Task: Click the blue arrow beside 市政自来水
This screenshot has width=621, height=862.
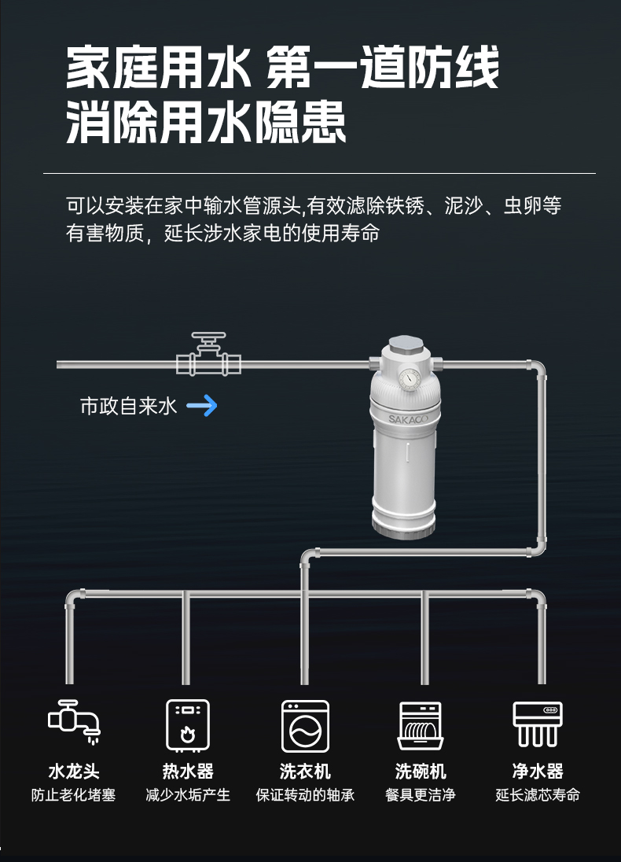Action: coord(202,406)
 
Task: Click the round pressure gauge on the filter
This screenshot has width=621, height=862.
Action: coord(408,380)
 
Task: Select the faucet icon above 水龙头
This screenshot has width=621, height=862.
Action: coord(74,721)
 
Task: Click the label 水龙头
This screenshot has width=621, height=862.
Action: coord(74,771)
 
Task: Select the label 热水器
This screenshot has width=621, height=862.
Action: coord(188,771)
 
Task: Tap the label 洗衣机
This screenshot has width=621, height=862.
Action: coord(305,771)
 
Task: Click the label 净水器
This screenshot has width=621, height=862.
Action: coord(538,771)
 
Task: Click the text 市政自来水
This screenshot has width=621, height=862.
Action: coord(128,407)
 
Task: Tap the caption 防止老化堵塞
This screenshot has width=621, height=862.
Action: coord(74,795)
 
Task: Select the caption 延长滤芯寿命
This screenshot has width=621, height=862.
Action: coord(538,795)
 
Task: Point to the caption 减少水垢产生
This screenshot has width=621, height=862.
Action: coord(188,795)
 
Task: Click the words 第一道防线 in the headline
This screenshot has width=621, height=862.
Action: coord(383,68)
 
